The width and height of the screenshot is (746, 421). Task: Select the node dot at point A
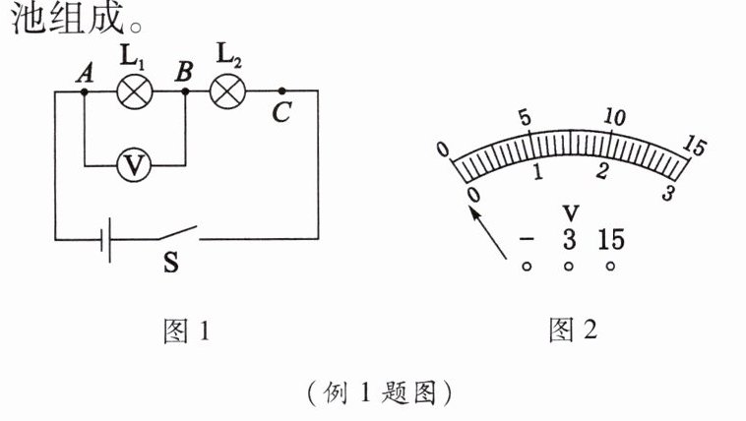pyautogui.click(x=84, y=91)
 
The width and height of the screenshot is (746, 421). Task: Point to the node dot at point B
pyautogui.click(x=184, y=91)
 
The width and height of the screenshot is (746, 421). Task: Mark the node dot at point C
pyautogui.click(x=281, y=91)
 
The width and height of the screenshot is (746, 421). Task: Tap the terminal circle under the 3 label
pyautogui.click(x=569, y=267)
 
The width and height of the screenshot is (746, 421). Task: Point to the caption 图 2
pyautogui.click(x=573, y=331)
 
